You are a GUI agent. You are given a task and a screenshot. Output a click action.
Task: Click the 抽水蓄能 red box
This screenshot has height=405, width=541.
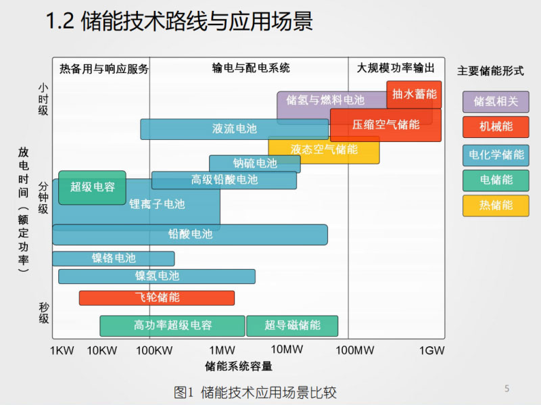click(x=414, y=94)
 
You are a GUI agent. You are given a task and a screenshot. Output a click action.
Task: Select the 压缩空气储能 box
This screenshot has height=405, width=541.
click(x=385, y=124)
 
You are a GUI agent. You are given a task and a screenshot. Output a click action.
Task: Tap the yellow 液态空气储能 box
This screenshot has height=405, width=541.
click(x=324, y=149)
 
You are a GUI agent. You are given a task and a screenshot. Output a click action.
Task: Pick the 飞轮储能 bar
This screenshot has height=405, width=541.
click(x=157, y=297)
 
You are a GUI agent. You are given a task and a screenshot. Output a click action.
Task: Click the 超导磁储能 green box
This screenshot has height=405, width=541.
click(x=292, y=325)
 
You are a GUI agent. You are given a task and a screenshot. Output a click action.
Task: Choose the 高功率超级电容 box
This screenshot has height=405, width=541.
click(x=172, y=325)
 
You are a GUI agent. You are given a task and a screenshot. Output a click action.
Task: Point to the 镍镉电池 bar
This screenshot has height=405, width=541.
click(x=113, y=258)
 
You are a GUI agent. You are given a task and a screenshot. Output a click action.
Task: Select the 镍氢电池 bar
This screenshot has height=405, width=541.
click(x=157, y=276)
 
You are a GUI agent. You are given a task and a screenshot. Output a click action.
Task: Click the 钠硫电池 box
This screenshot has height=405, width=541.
click(x=254, y=164)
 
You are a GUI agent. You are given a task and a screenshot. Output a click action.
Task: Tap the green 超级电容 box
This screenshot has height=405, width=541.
click(x=92, y=187)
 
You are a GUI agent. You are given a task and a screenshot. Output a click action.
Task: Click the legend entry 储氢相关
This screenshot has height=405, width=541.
click(x=496, y=101)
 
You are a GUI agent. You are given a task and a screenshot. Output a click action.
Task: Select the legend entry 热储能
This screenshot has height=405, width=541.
click(x=496, y=206)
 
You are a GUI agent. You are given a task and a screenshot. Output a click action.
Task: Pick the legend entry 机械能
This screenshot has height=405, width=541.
click(x=496, y=126)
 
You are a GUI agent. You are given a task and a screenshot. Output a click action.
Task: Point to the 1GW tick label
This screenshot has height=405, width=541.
click(x=432, y=350)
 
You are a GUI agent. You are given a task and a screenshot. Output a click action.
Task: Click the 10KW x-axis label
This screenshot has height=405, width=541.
click(x=102, y=350)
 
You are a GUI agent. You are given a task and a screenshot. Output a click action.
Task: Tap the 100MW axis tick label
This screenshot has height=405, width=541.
click(x=354, y=350)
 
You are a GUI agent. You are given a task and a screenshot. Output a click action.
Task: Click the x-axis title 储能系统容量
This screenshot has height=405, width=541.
click(x=239, y=366)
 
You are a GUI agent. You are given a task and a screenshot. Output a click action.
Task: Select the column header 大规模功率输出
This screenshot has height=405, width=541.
click(x=396, y=68)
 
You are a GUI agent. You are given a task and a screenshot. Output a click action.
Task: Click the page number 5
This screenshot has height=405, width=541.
click(x=507, y=388)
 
